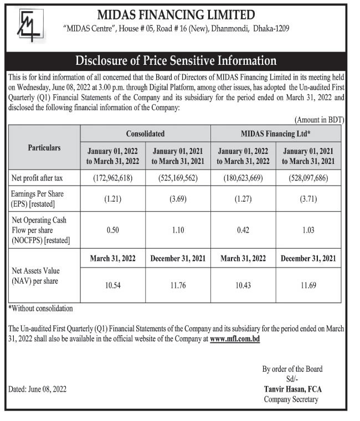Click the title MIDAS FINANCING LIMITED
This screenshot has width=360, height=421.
[x=177, y=15]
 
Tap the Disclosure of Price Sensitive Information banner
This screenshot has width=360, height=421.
[x=176, y=60]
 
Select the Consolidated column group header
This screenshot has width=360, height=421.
[x=145, y=134]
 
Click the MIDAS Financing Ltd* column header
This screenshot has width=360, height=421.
[x=276, y=134]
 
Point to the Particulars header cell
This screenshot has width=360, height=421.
[x=44, y=148]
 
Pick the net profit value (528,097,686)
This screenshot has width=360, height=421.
[x=309, y=178]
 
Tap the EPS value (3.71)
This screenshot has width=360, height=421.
[x=309, y=199]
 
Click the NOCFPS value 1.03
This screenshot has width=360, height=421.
[x=309, y=230]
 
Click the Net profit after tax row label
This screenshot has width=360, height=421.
[x=37, y=178]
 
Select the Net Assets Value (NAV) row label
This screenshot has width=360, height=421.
[x=35, y=275]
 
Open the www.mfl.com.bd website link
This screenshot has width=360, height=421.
[x=235, y=337]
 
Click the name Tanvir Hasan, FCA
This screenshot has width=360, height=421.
[x=291, y=389]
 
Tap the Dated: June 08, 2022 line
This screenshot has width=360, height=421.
[x=38, y=389]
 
